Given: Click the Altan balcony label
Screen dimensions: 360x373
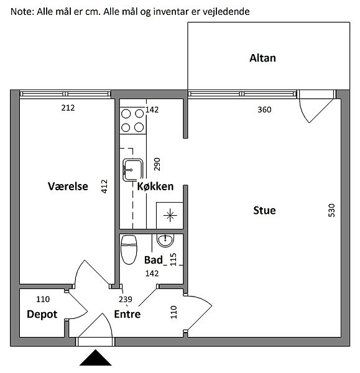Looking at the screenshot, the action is point(262,58).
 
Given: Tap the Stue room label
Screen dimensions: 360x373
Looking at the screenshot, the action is point(264,210).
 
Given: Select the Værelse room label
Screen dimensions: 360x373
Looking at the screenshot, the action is point(68,186).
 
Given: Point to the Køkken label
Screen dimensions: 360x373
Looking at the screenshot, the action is point(155,186).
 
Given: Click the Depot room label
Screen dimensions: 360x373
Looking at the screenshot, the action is point(42,315).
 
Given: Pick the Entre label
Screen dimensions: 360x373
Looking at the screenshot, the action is point(127,314).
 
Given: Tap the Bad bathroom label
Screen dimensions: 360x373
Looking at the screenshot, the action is point(154,260).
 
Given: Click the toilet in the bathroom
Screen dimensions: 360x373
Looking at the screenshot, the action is point(129,250).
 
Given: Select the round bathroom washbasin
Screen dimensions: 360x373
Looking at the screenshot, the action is point(165,240).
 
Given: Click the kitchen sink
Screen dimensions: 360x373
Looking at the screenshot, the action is point(133,170).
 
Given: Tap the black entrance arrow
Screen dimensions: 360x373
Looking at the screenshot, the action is point(95,357).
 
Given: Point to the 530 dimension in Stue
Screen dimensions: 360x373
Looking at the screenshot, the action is point(331,210).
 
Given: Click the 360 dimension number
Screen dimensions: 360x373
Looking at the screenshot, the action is point(264,109).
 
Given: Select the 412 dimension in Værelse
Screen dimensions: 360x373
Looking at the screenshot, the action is point(104,186).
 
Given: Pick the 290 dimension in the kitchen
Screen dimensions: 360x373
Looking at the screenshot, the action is point(157,164).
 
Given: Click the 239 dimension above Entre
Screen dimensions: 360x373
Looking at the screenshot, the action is point(126,299).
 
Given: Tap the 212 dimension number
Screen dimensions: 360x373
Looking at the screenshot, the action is point(68,108).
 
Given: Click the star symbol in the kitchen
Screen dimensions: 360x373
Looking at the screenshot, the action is point(170,216).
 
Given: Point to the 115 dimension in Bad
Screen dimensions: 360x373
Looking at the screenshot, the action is point(173,259).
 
